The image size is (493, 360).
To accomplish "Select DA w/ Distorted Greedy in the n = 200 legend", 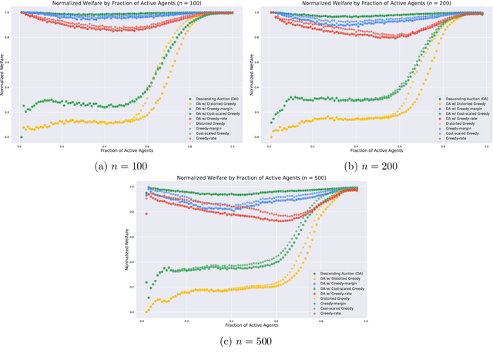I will (461, 104).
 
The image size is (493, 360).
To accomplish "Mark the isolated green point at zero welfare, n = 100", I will (22, 137).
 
